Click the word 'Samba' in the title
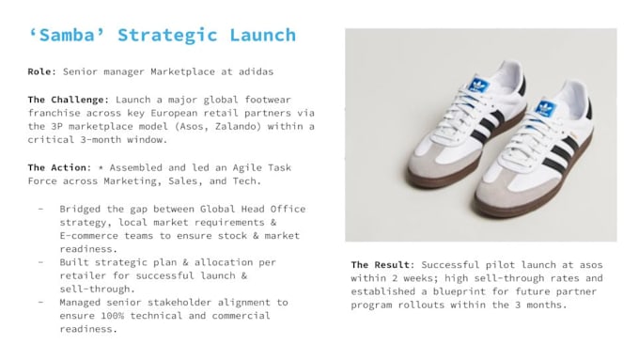[x=67, y=35]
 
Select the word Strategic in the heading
[x=167, y=36]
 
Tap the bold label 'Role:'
[x=42, y=71]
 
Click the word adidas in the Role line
[x=256, y=71]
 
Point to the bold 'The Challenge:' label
[x=69, y=100]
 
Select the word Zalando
[x=238, y=126]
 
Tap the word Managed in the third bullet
[x=80, y=303]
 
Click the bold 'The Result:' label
[x=382, y=265]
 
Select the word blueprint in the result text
[x=459, y=292]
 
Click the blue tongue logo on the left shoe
[x=479, y=86]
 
